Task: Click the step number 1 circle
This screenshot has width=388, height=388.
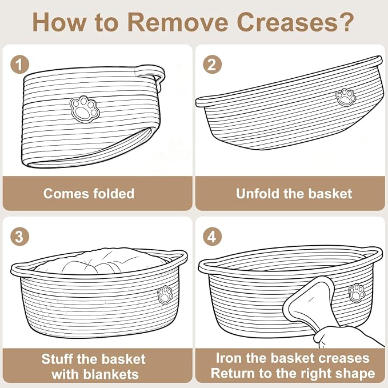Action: coord(20,65)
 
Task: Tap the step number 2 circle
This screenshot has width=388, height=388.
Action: coord(212,65)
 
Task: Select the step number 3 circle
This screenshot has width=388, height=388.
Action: coord(20,237)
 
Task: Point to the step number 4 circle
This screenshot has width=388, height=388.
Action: coord(212,237)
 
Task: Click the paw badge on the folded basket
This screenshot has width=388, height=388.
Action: coord(85,109)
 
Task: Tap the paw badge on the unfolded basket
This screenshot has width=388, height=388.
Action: coord(346,97)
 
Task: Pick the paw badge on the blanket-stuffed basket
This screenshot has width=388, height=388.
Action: coord(165,295)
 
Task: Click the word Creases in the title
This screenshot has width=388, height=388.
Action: coord(295,22)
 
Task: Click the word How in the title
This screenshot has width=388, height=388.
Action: coord(59,22)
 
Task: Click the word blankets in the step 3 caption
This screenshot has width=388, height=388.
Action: coord(95,374)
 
